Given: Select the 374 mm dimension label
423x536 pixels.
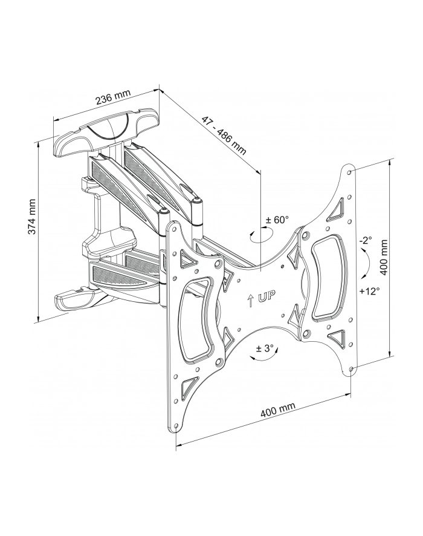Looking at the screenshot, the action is [x=32, y=217].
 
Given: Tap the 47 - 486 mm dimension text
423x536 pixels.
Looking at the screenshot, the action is [x=224, y=136].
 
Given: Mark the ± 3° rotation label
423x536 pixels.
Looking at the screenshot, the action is [x=265, y=348].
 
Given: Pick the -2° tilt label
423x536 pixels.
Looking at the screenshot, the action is [x=365, y=240].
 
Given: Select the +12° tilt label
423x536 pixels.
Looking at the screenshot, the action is [x=369, y=291].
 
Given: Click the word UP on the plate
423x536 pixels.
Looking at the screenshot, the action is [x=266, y=296].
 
